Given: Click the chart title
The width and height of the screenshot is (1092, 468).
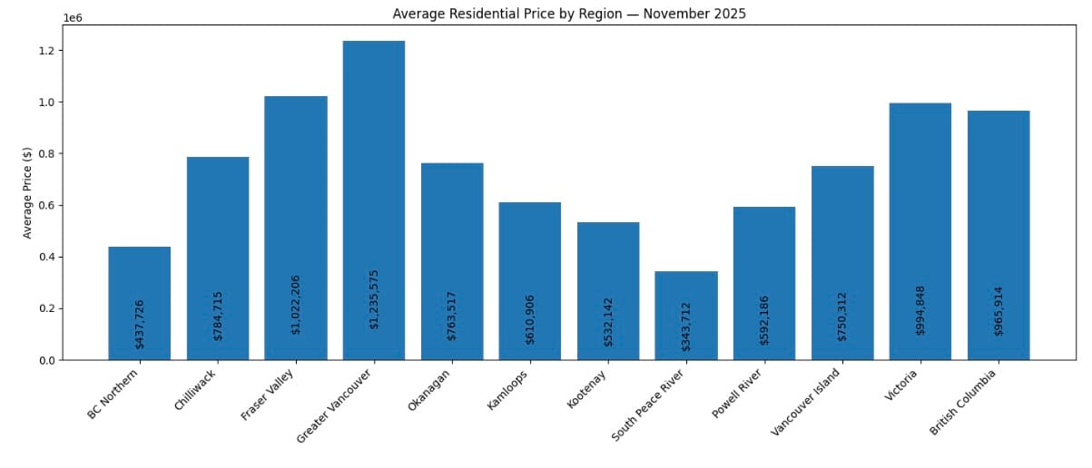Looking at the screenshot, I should [569, 14].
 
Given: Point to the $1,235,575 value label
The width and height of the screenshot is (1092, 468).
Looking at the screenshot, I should [374, 298].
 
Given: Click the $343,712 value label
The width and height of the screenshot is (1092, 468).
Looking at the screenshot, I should [686, 327].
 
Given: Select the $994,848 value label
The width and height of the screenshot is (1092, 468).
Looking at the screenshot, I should [920, 310].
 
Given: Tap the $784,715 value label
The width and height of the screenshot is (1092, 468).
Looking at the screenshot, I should [218, 315].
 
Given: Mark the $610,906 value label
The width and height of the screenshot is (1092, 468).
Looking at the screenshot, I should [530, 319].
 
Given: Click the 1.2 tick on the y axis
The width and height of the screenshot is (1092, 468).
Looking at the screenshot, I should [47, 51].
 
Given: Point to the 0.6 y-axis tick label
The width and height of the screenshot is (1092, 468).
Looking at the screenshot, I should [47, 206].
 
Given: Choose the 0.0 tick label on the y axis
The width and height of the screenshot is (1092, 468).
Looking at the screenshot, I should [47, 361].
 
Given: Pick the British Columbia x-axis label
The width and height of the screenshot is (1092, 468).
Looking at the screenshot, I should [965, 402].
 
